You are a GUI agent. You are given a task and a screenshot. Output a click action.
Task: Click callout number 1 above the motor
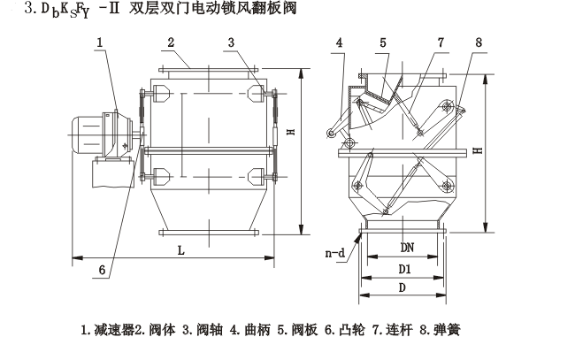(x=101, y=42)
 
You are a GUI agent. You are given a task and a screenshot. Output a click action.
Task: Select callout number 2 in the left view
(x=169, y=42)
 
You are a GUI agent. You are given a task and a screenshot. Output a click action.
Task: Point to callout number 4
(x=341, y=42)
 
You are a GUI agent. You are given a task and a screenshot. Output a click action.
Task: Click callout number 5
(x=383, y=42)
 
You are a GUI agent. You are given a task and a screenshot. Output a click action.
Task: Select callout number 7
(x=441, y=42)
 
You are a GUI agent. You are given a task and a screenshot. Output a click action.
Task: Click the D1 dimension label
(x=402, y=268)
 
